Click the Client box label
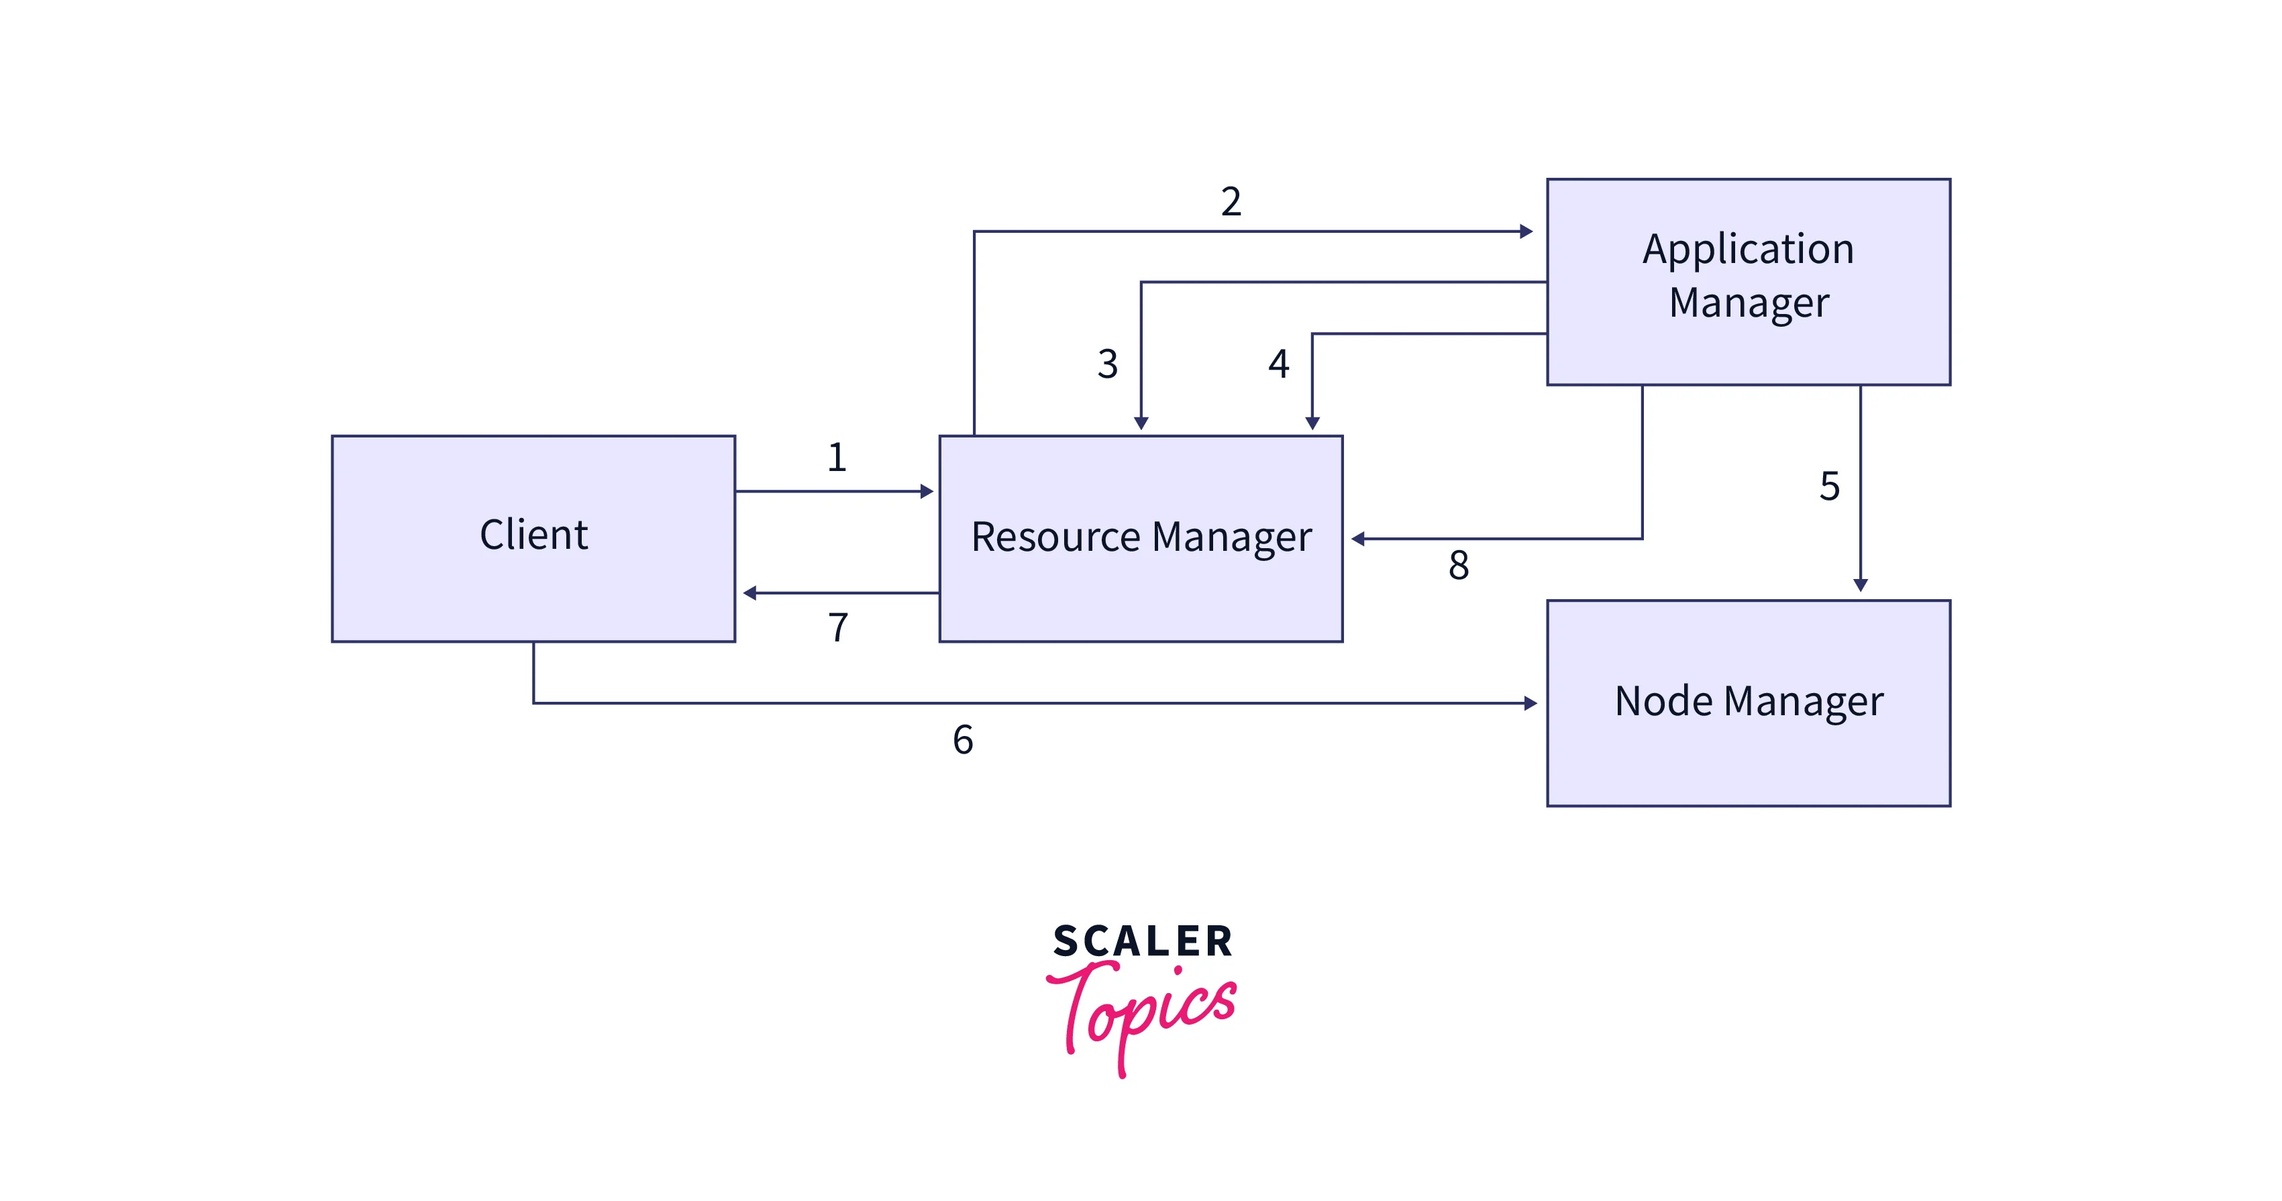[533, 535]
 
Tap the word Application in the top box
[1748, 250]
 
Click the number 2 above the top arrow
[1231, 202]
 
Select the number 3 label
[1107, 364]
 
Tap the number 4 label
[1278, 364]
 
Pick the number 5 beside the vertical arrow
[1829, 486]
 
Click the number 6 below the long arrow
[963, 739]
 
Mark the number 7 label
[838, 628]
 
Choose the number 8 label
[1458, 565]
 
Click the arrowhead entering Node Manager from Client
[1530, 703]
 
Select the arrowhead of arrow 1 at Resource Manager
[927, 492]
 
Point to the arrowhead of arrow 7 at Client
[749, 593]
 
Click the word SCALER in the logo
[1143, 941]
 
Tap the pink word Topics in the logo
[1143, 1014]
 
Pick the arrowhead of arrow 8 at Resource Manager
[1358, 539]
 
